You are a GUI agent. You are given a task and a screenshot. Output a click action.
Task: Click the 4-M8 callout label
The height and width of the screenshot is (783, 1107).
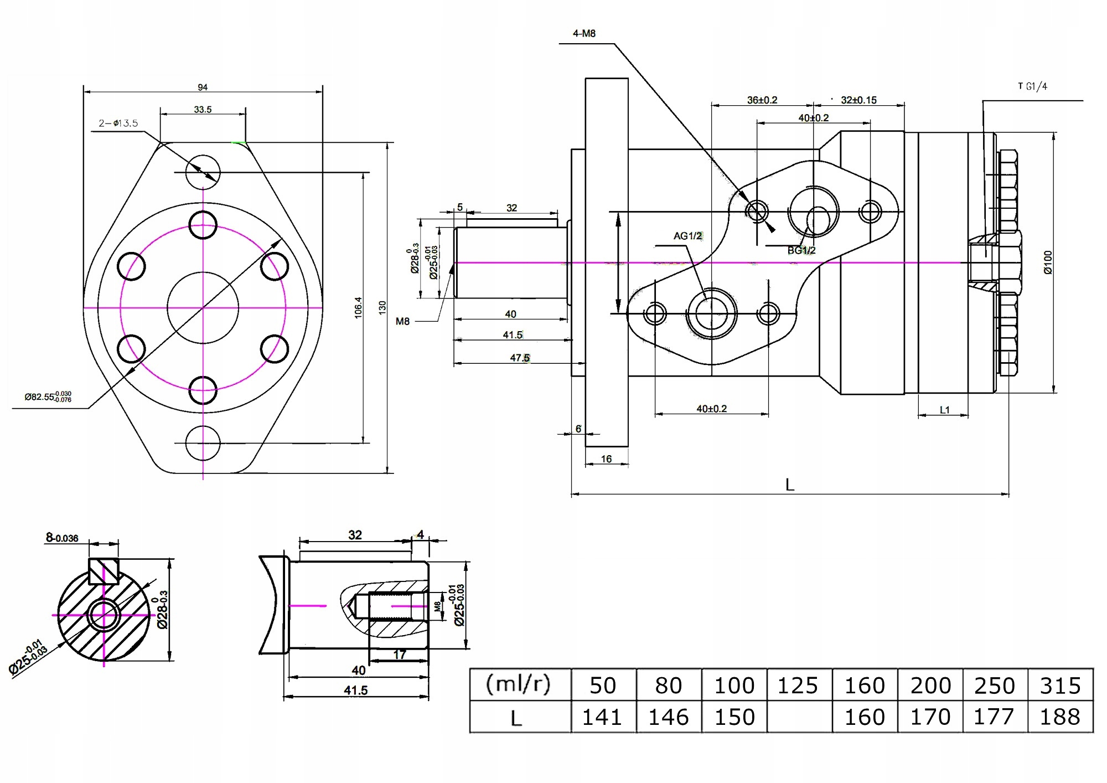point(584,34)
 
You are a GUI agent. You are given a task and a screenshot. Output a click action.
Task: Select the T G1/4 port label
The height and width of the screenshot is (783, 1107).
point(1032,86)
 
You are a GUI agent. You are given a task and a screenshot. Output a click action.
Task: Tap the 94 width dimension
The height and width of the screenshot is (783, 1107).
point(203,87)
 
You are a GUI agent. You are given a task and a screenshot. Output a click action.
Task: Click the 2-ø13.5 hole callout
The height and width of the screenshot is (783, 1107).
point(118,123)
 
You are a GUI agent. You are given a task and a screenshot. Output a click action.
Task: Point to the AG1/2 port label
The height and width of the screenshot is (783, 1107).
point(687,236)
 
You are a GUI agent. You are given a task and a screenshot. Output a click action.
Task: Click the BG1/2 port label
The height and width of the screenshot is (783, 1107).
point(801,250)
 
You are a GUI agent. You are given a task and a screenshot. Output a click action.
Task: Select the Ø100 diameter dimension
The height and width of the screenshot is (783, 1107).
point(1047,262)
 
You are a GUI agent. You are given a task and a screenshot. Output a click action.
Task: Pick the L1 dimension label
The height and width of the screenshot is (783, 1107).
point(944,410)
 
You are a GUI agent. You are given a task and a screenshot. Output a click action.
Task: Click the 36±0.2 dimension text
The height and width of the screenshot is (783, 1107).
point(762,100)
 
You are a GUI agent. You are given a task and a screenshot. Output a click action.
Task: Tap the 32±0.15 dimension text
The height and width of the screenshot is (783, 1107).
point(858,100)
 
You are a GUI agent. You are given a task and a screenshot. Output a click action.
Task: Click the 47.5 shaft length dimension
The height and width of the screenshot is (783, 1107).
point(519,358)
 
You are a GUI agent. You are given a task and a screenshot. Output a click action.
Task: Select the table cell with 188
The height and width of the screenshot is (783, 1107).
point(1060,717)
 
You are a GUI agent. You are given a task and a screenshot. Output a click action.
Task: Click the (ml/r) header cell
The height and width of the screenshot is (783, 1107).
point(519,685)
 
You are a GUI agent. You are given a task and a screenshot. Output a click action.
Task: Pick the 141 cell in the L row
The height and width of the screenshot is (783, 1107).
point(602,717)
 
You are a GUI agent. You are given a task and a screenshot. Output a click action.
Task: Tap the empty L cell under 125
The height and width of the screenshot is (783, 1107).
point(799,717)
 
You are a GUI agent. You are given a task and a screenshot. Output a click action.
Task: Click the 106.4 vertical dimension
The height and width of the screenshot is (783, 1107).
point(358,307)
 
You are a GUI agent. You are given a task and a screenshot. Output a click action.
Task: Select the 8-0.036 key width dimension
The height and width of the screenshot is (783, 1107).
point(62,538)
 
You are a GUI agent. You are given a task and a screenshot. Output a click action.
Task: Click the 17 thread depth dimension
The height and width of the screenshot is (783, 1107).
point(399,655)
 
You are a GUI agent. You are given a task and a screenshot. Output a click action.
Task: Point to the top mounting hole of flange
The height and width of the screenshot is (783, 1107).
point(203,172)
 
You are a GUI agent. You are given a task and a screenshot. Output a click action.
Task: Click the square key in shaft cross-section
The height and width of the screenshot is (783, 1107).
point(104,571)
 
